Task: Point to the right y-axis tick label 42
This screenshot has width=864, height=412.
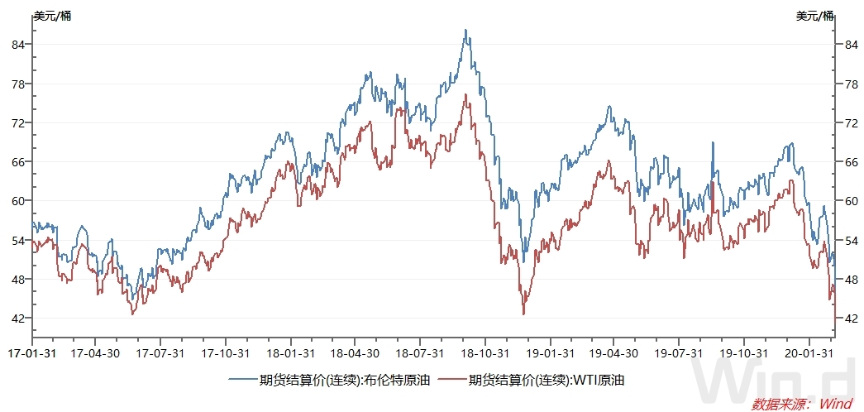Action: click(x=848, y=318)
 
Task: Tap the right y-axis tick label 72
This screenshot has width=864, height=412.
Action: click(x=848, y=122)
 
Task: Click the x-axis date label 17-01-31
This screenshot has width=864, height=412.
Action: click(x=31, y=352)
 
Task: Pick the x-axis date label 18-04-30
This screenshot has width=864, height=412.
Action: click(x=355, y=352)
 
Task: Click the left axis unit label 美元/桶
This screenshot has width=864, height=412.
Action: click(x=52, y=16)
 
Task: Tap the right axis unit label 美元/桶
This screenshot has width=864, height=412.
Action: click(x=815, y=16)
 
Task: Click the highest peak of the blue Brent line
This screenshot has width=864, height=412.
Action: click(x=465, y=30)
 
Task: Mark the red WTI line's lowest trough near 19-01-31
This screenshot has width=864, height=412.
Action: click(x=523, y=314)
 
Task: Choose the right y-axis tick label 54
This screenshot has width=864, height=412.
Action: click(x=848, y=240)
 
